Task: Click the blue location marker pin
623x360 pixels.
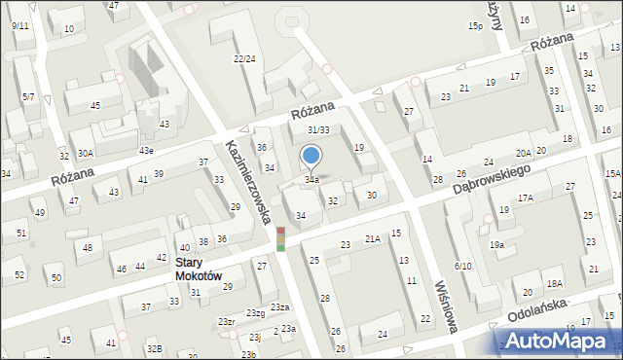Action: coord(311,156)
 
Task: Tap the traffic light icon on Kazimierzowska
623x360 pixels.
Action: coord(280,239)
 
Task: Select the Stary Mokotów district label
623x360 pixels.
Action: coord(199,269)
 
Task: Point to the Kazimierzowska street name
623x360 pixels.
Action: coord(247,179)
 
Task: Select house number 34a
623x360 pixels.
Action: coord(311,180)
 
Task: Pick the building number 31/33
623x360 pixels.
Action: coord(317,129)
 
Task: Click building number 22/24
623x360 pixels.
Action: coord(244,59)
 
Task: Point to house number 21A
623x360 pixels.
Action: coord(372,238)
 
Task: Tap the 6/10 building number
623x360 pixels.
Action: coord(462,266)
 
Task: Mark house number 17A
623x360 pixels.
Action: coord(526,198)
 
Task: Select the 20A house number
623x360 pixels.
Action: coord(524,153)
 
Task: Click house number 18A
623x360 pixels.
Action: coord(554,283)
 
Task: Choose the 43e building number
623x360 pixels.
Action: coord(146,150)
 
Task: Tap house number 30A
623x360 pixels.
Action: coord(86,153)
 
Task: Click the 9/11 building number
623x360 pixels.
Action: coord(19,25)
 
